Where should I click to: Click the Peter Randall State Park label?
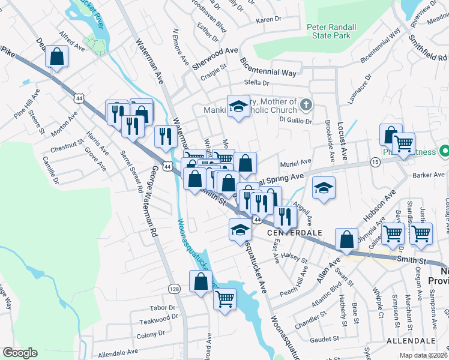(x=332, y=31)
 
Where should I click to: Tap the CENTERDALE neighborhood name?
(x=291, y=232)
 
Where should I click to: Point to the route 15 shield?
(x=375, y=162)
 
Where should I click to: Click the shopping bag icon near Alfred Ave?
(x=56, y=57)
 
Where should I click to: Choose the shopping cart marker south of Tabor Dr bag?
(x=224, y=297)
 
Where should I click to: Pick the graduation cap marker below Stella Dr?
(x=238, y=106)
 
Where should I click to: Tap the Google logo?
(x=20, y=353)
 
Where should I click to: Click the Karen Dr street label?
(x=268, y=20)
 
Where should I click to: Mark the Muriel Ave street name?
(x=296, y=162)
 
